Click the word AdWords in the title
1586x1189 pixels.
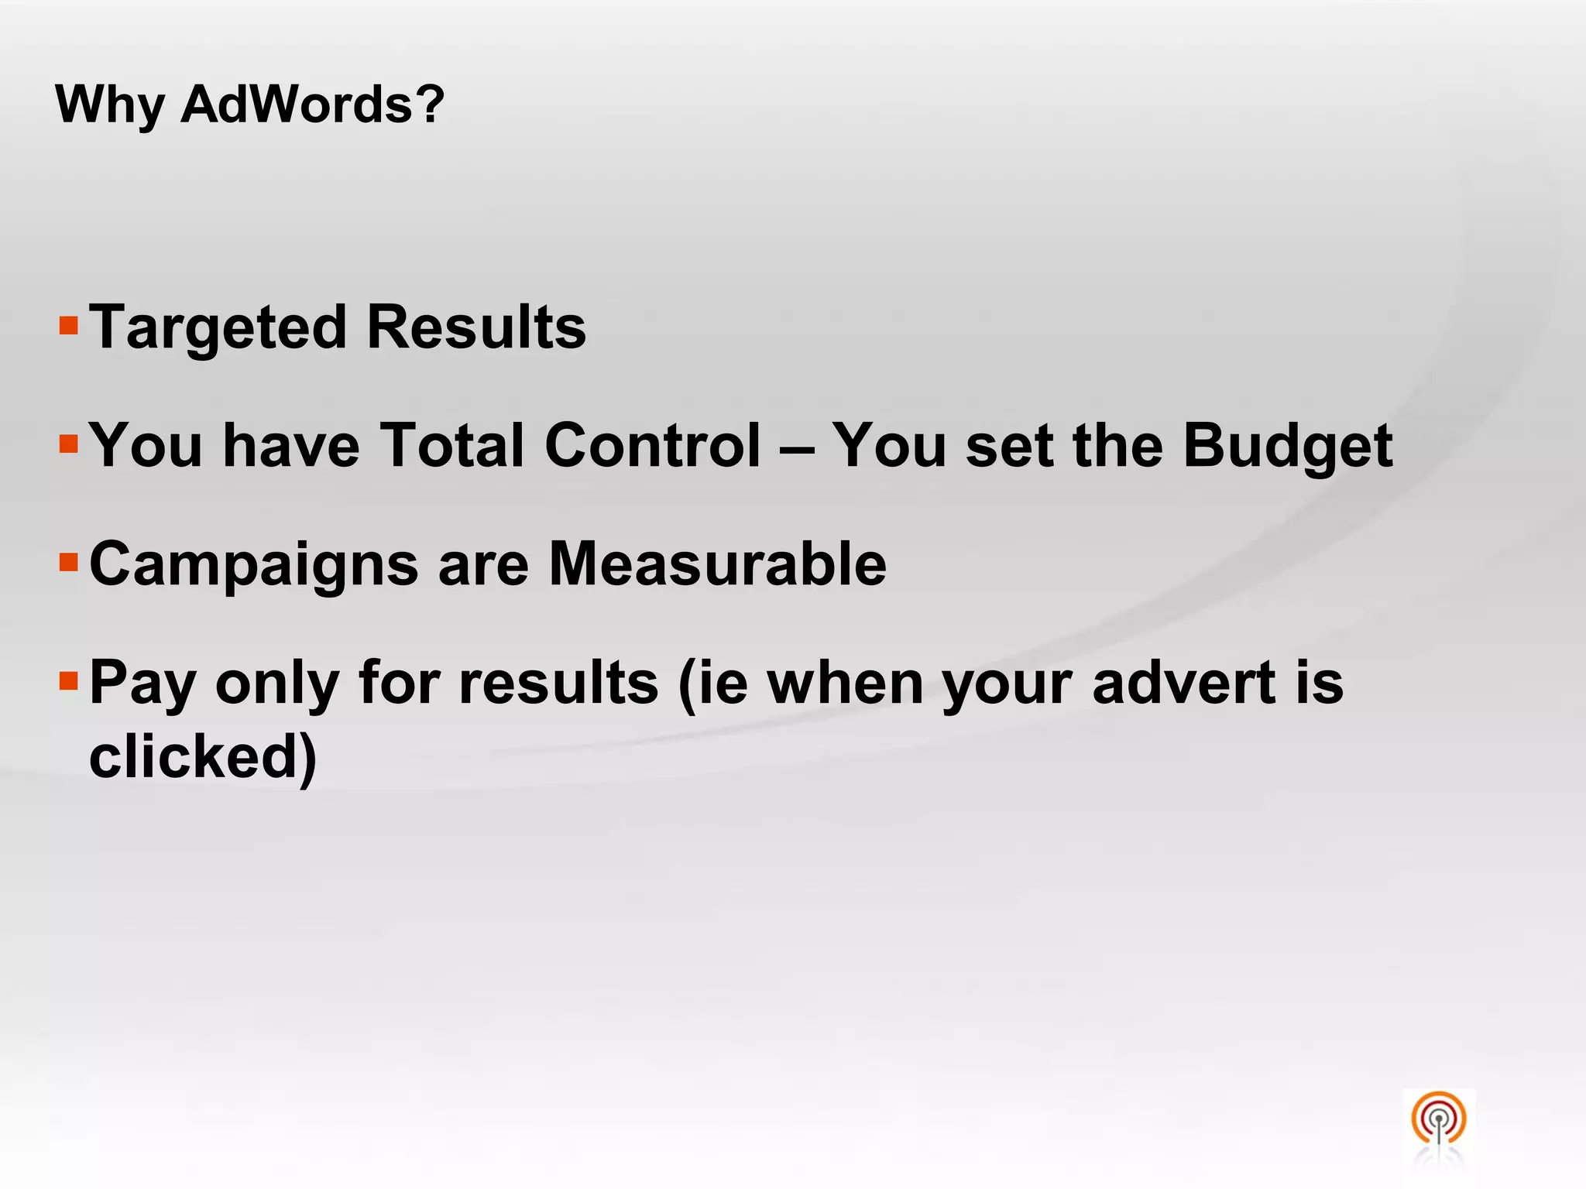tap(312, 104)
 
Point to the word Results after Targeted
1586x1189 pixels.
tap(476, 327)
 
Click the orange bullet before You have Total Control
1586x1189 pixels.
tap(69, 444)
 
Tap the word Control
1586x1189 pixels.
tap(653, 446)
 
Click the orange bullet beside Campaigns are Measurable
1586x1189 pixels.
tap(69, 561)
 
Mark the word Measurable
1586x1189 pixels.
tap(717, 564)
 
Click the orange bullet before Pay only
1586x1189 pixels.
tap(69, 681)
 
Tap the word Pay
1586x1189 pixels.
tap(142, 684)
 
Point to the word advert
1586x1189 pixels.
tap(1183, 683)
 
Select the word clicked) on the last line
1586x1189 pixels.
tap(203, 756)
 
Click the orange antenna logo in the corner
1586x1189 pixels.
tap(1438, 1119)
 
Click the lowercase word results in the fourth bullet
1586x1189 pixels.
tap(558, 683)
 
